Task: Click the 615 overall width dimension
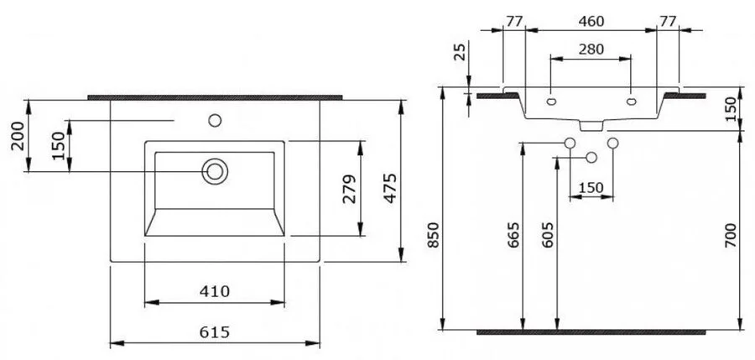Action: pos(214,332)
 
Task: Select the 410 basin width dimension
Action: pos(214,291)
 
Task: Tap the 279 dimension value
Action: pos(350,189)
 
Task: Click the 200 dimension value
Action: pos(18,135)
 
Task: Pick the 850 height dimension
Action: pos(434,235)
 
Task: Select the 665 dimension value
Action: pos(513,235)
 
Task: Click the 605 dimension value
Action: pos(548,235)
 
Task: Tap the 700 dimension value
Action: pos(731,235)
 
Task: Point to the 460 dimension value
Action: pos(591,21)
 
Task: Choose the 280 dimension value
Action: pos(591,50)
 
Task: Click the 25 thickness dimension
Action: pos(461,51)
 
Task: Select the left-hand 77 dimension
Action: pos(514,21)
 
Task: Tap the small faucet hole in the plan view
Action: pos(215,121)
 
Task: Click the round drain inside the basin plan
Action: pos(215,171)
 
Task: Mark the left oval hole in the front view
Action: pos(551,102)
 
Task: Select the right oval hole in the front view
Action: pos(631,102)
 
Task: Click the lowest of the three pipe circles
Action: pos(591,157)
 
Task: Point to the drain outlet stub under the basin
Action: pos(591,126)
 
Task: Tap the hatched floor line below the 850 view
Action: pos(591,332)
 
